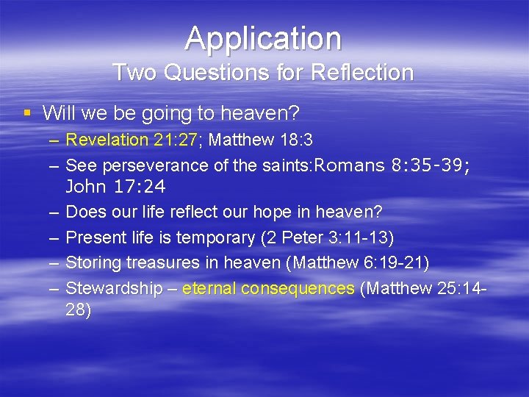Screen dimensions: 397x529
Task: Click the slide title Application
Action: coord(263,38)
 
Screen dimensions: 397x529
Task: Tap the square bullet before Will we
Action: coord(27,112)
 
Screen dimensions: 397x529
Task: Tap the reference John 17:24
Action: coord(115,187)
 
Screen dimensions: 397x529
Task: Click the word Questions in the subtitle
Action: coord(196,73)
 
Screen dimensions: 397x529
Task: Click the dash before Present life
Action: coord(55,237)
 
